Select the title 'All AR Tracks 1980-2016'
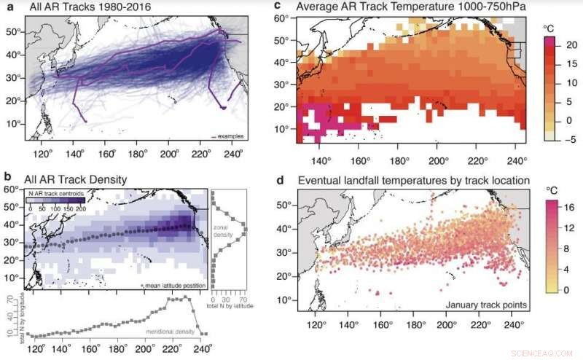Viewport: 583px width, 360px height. tap(80, 8)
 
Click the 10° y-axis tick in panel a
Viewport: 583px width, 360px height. tap(13, 125)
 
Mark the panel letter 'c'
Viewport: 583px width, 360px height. tap(276, 7)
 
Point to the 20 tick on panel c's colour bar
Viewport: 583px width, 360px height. tap(570, 45)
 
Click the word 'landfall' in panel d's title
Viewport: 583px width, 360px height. tap(367, 180)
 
